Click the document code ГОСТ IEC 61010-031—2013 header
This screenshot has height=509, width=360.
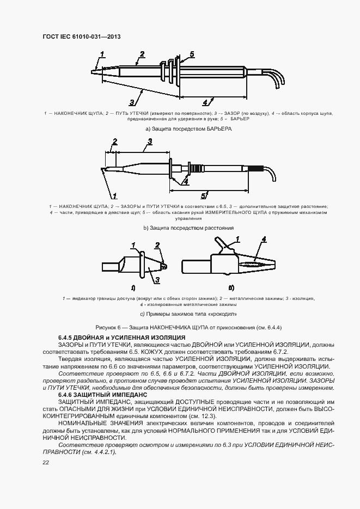tap(81, 37)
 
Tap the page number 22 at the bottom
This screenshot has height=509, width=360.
tap(46, 462)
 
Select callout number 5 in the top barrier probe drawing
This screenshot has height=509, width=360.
tap(192, 54)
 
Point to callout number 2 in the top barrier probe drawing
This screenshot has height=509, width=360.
tap(142, 53)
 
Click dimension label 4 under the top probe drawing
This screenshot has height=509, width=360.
tap(205, 102)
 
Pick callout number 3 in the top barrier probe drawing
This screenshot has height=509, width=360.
tap(131, 102)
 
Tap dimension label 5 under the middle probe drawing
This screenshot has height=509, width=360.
tap(202, 195)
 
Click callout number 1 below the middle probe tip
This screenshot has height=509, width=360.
tap(115, 195)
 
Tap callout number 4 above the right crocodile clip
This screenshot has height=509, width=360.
tap(264, 239)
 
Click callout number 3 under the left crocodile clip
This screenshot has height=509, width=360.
tap(156, 280)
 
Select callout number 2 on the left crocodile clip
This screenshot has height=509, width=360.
tap(157, 246)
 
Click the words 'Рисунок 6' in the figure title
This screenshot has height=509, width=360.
tap(111, 327)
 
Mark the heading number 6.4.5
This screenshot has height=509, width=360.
tap(66, 338)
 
